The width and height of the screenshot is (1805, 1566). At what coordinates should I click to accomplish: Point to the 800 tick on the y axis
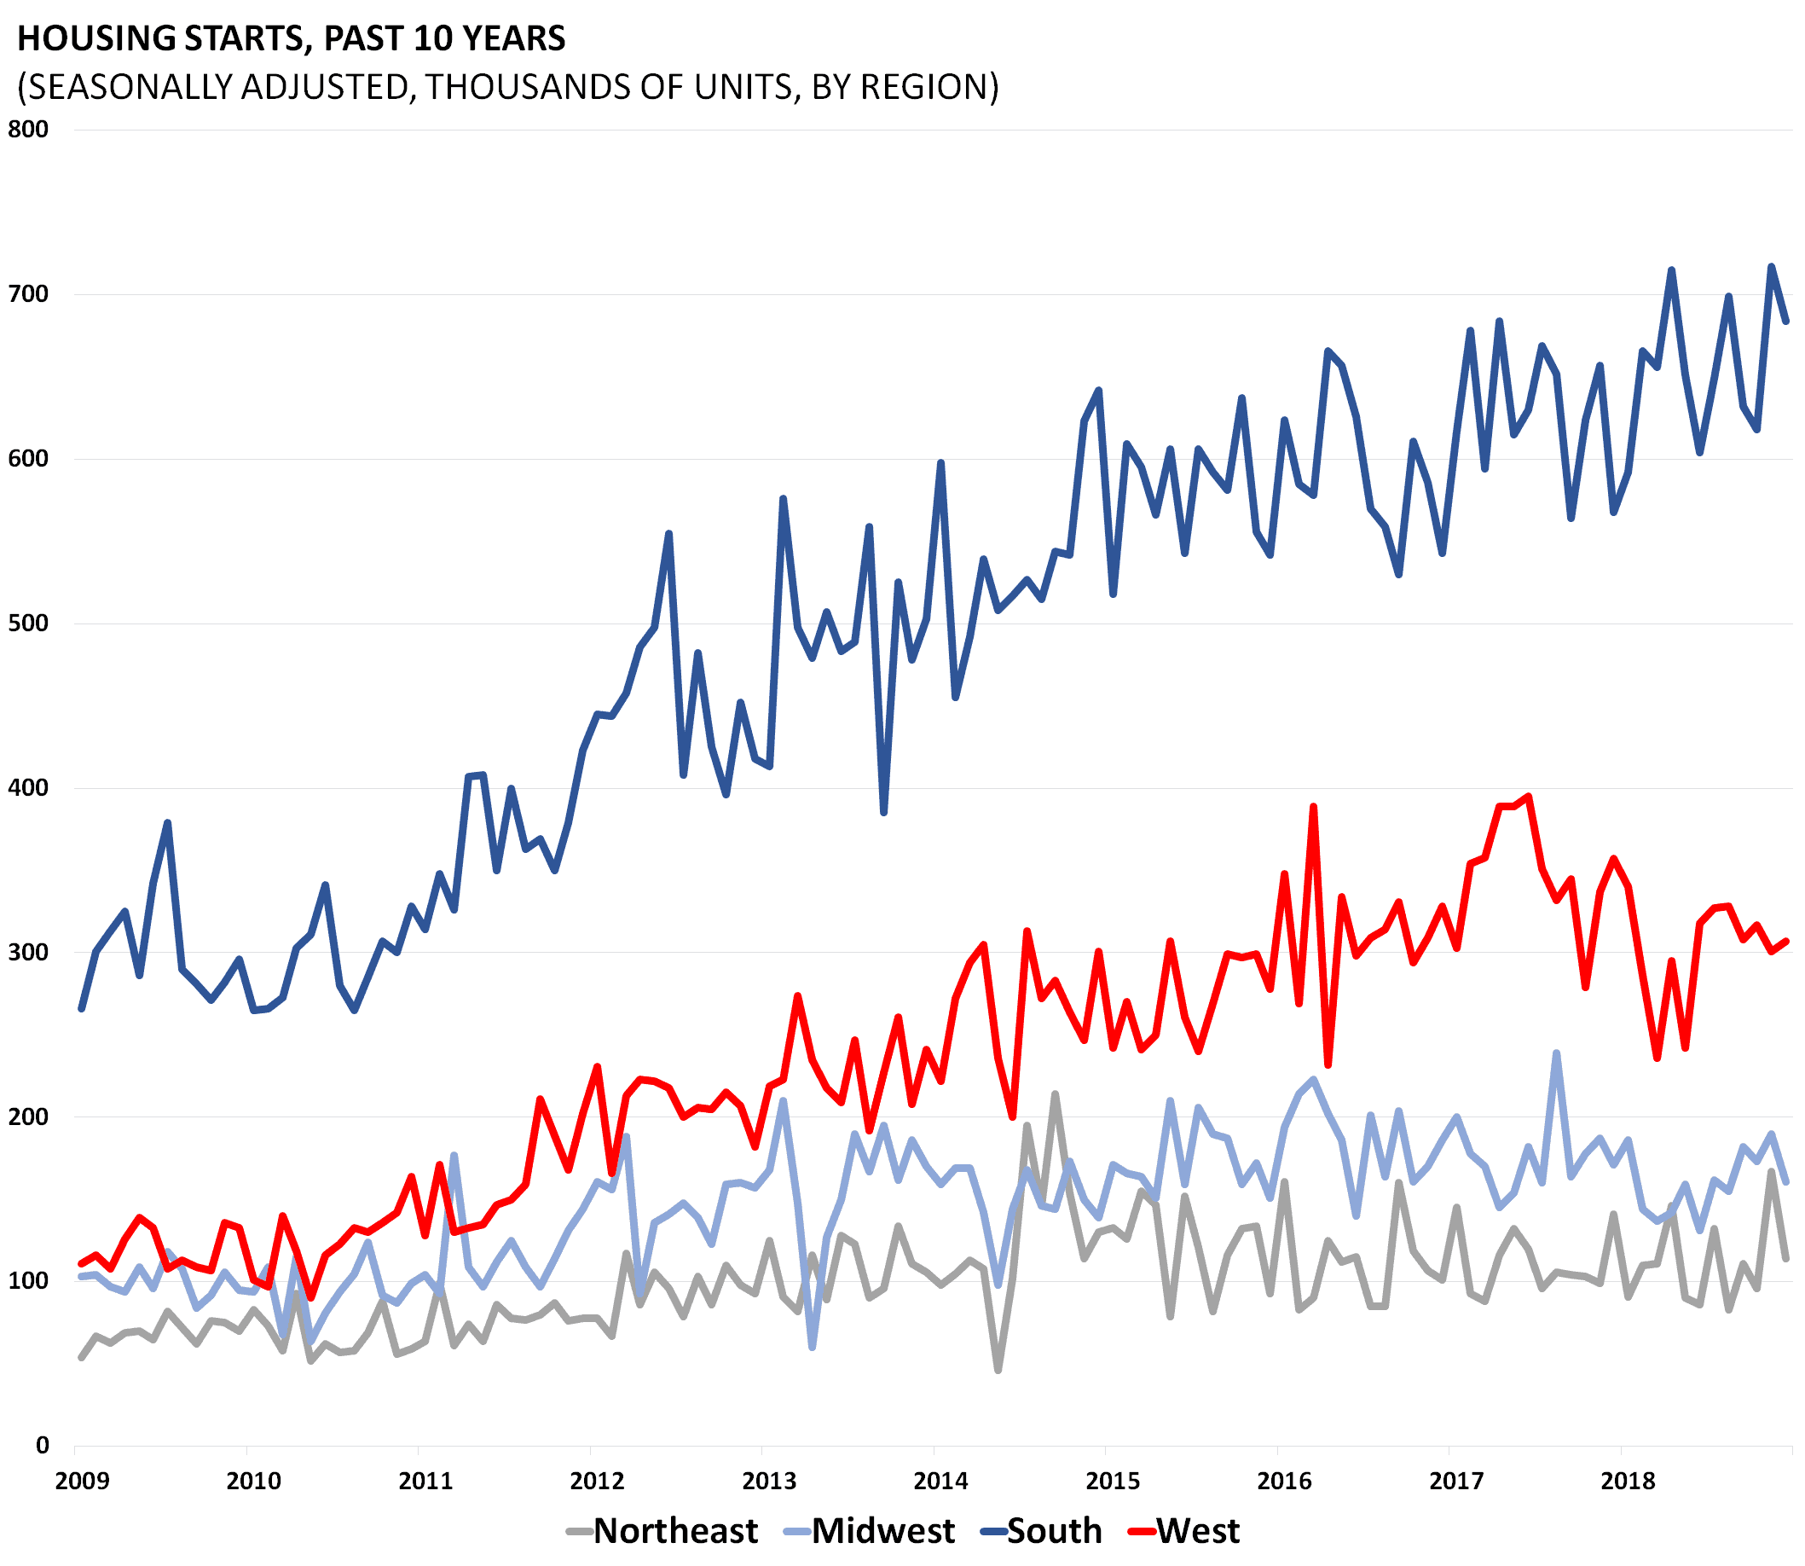(x=28, y=130)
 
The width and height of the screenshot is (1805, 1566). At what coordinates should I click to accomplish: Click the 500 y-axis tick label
(x=28, y=623)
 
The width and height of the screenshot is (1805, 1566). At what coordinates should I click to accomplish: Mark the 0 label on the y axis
(x=42, y=1446)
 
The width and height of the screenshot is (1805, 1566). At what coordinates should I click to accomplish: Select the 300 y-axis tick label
(x=28, y=952)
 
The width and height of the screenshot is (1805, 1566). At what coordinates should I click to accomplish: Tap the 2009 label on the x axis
(x=82, y=1481)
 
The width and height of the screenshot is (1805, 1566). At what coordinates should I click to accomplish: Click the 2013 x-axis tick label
(x=769, y=1481)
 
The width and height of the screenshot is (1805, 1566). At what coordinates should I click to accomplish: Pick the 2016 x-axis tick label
(x=1284, y=1481)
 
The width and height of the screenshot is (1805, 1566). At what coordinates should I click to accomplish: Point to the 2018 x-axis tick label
(x=1628, y=1481)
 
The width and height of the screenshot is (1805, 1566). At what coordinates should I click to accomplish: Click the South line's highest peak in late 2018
(x=1771, y=266)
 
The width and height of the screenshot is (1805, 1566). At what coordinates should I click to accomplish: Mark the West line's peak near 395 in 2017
(x=1528, y=796)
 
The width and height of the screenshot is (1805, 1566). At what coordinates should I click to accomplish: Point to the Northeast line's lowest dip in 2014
(x=998, y=1369)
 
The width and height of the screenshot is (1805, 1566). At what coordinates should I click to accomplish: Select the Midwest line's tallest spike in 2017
(x=1556, y=1053)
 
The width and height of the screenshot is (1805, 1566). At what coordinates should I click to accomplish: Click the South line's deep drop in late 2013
(x=883, y=813)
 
